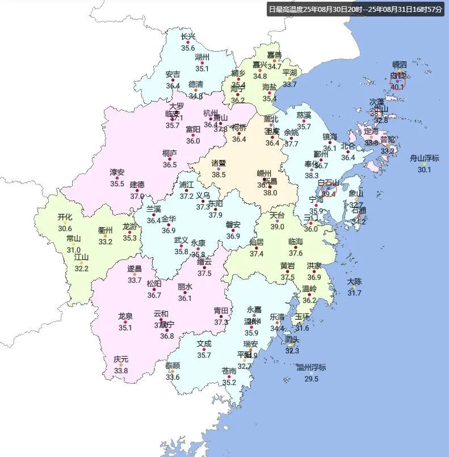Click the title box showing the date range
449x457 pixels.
pos(355,10)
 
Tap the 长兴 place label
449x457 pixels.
pos(188,37)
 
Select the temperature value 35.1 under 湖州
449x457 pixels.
pos(202,69)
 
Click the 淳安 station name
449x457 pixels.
pos(117,172)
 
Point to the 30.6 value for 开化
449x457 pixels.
pos(65,229)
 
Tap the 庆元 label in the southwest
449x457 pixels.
pos(121,359)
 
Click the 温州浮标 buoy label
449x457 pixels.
pos(311,367)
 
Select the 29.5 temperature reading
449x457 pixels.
pos(311,379)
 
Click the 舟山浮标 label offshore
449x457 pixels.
pos(425,158)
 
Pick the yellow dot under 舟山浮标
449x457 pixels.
pos(424,164)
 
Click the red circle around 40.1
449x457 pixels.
pos(398,82)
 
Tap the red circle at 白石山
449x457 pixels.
pos(329,190)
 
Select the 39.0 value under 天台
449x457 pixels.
pos(277,227)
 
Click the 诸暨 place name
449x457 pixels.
pos(219,163)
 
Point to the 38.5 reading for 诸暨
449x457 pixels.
pos(219,175)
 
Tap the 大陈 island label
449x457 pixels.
pos(354,281)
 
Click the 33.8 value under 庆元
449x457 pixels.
pos(121,371)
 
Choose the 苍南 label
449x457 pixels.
pos(229,371)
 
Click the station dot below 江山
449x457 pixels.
pos(82,263)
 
